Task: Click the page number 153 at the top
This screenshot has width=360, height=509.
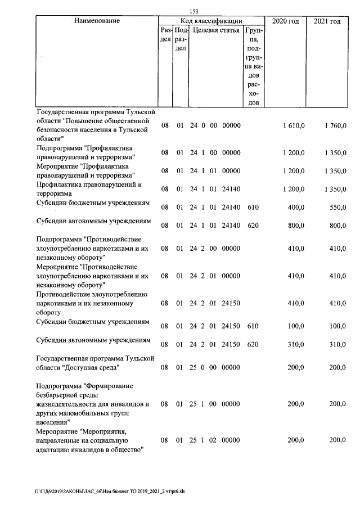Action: [x=194, y=11]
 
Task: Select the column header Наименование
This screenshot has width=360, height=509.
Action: [x=97, y=21]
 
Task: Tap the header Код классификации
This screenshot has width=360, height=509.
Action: [x=211, y=21]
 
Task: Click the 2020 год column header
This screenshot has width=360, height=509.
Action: [x=285, y=21]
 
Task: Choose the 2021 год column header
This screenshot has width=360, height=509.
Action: [x=327, y=21]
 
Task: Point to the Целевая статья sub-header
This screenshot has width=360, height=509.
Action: [x=216, y=30]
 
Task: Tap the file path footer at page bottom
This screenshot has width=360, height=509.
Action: [x=110, y=491]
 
